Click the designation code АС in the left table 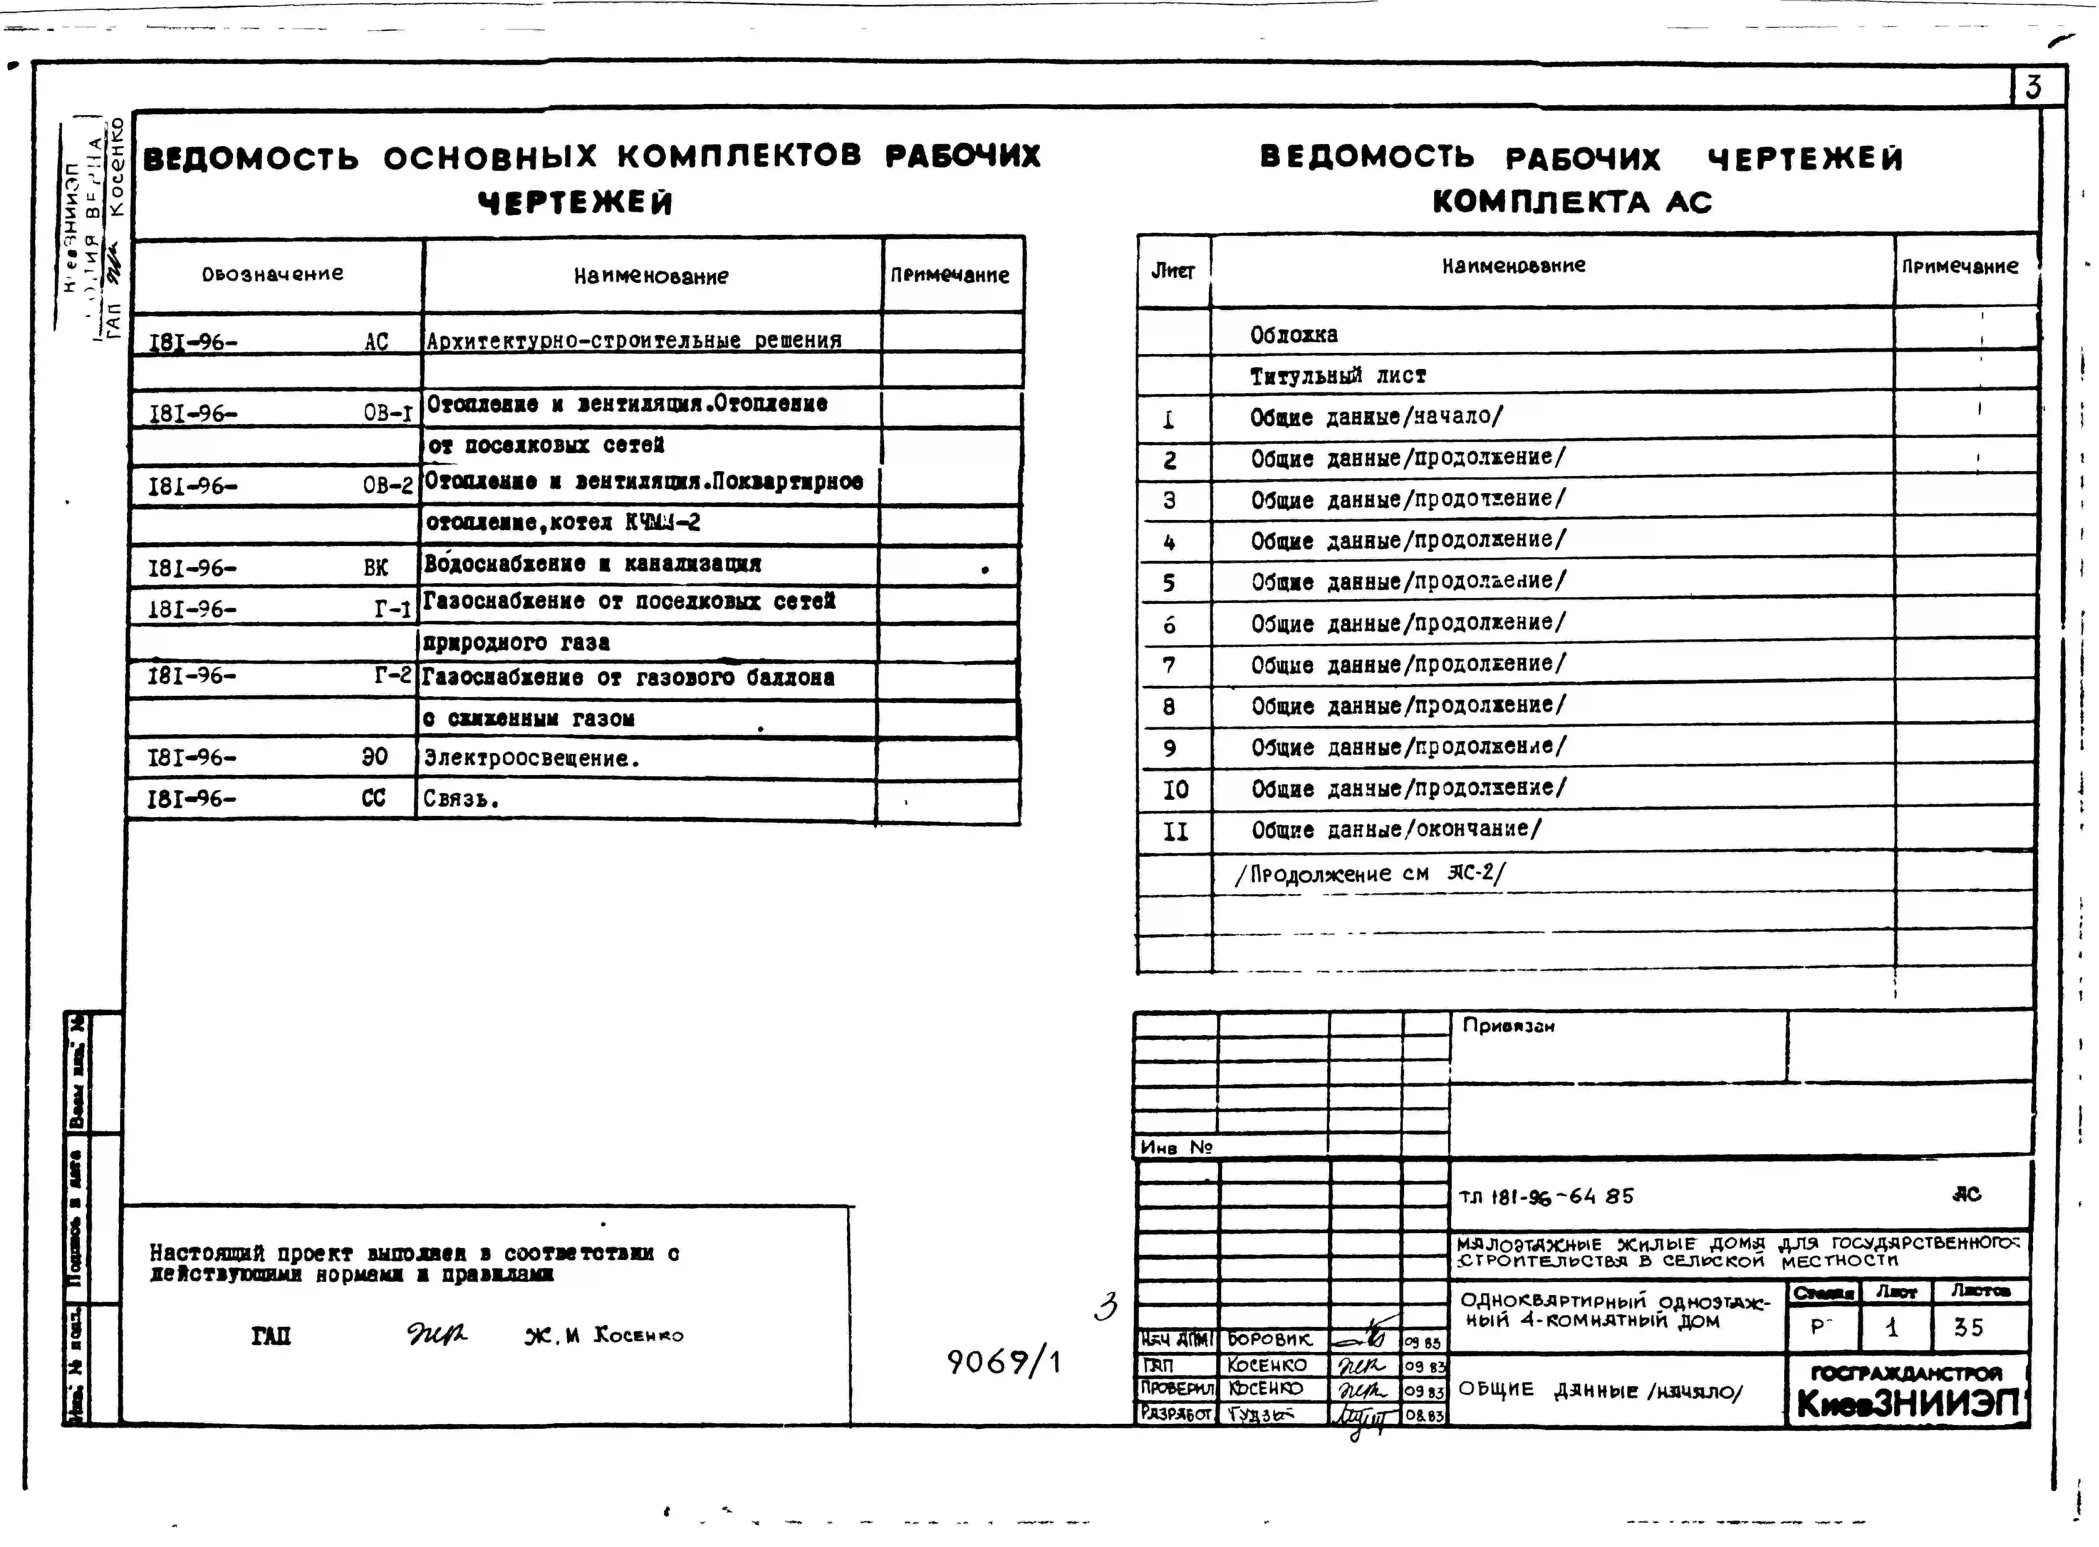(x=376, y=342)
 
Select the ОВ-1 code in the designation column (x=388, y=413)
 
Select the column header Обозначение (x=272, y=273)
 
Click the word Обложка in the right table (x=1294, y=334)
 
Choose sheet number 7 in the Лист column (x=1169, y=665)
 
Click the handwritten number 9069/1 (x=1003, y=1361)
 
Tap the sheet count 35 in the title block (x=1968, y=1327)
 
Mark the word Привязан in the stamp (x=1508, y=1025)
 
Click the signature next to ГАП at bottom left (x=435, y=1333)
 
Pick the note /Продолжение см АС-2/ (x=1370, y=874)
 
